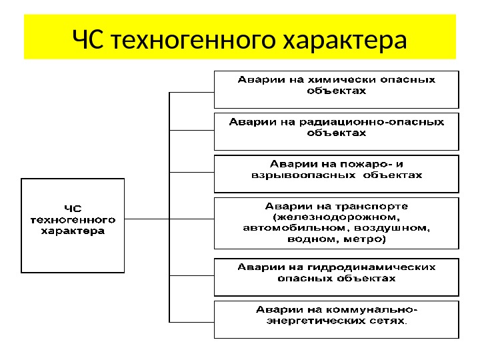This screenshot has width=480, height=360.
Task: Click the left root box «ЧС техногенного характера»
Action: (73, 225)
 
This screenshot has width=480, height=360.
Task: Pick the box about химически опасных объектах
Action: (336, 89)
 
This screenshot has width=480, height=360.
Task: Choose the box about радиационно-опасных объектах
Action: (336, 131)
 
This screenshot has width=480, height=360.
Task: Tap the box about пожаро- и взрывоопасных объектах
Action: (336, 172)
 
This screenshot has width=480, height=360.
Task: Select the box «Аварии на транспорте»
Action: (336, 222)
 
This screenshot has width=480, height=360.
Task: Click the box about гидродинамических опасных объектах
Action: (336, 277)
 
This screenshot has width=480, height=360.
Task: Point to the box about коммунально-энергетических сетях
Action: (336, 319)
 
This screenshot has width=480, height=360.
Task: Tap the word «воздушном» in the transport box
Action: (400, 227)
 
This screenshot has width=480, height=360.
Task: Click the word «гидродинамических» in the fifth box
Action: (383, 267)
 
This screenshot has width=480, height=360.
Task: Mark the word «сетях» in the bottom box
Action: (387, 321)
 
